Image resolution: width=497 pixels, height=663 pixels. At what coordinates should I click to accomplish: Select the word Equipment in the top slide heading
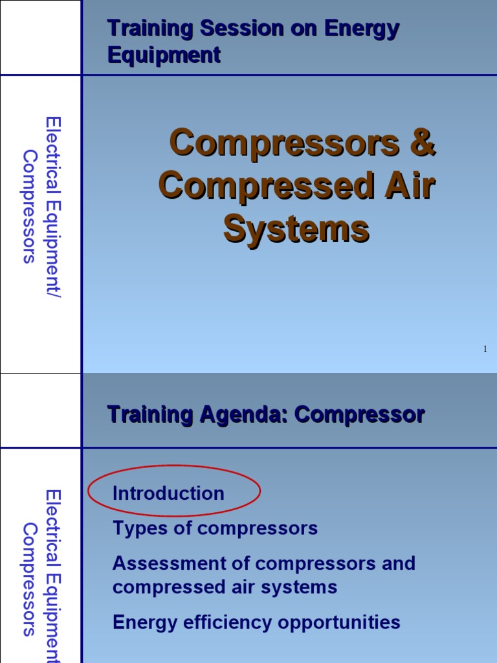164,56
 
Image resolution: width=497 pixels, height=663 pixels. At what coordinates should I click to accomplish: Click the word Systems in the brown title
296,229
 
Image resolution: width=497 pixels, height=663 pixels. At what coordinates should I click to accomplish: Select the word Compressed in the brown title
266,186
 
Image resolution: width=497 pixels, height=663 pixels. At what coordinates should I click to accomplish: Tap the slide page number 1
485,350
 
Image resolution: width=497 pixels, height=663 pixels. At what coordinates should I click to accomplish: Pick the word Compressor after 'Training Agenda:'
360,414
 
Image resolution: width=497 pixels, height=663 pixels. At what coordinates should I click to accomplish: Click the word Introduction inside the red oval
168,493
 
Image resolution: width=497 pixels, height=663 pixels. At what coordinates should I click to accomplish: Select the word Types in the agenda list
135,528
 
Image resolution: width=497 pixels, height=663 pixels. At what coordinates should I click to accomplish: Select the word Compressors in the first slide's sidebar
30,207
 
